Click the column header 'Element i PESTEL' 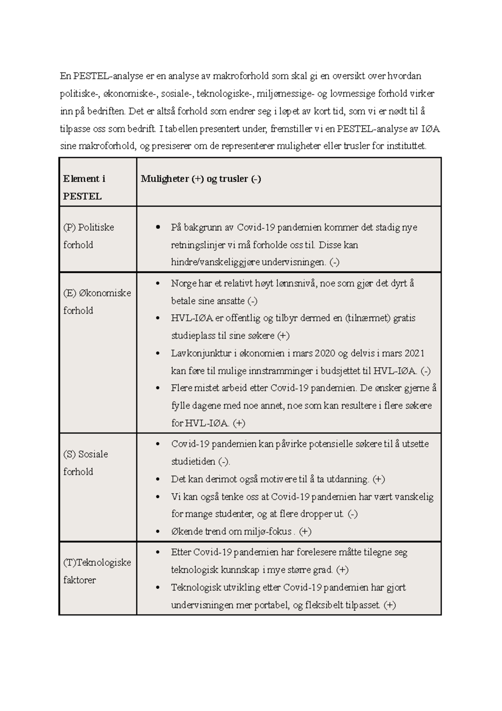84,187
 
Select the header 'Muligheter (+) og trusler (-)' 201,179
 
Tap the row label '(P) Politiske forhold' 88,236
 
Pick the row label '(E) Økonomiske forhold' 97,301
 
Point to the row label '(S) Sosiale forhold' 85,463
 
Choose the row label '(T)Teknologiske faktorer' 97,571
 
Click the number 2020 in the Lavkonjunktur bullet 324,353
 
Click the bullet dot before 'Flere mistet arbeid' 158,388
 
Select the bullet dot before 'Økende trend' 158,532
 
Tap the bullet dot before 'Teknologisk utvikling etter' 158,588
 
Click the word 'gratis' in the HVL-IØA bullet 404,318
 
